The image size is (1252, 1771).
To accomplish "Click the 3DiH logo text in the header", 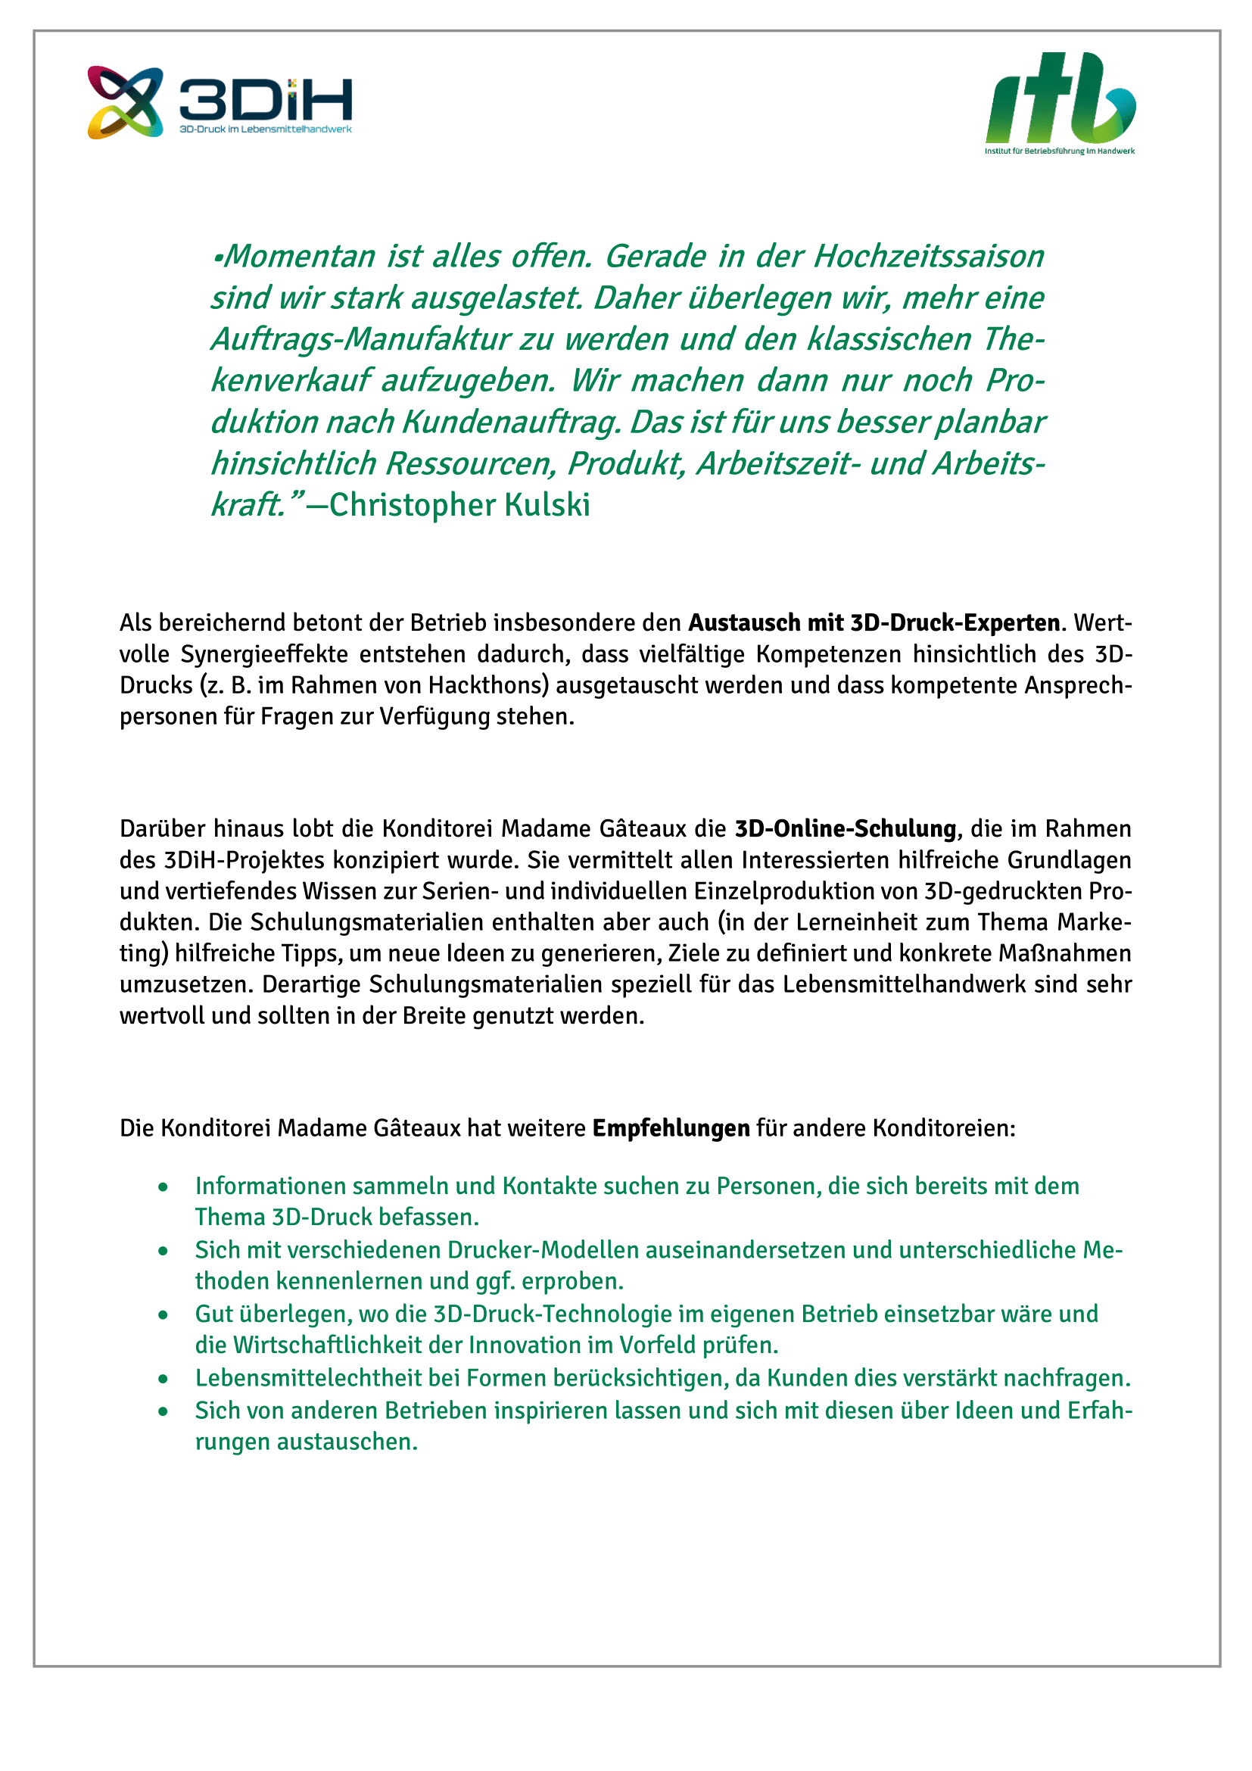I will click(x=265, y=100).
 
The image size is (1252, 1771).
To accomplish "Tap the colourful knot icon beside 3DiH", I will click(x=125, y=102).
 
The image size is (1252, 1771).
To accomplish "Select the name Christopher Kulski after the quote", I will click(x=459, y=505).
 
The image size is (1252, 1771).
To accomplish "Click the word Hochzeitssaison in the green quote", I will click(x=928, y=257).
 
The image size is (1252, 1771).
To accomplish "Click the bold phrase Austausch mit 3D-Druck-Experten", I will click(x=874, y=622).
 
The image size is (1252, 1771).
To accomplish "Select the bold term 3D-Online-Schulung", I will click(x=845, y=828).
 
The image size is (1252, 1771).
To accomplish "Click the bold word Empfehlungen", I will click(x=671, y=1128).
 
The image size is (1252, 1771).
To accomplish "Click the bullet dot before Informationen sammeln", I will click(x=163, y=1187).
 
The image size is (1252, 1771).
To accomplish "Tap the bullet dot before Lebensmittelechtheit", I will click(x=163, y=1379).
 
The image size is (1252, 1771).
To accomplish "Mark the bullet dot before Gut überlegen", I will click(x=163, y=1315).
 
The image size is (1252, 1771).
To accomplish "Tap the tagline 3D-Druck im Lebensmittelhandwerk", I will click(x=265, y=129).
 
